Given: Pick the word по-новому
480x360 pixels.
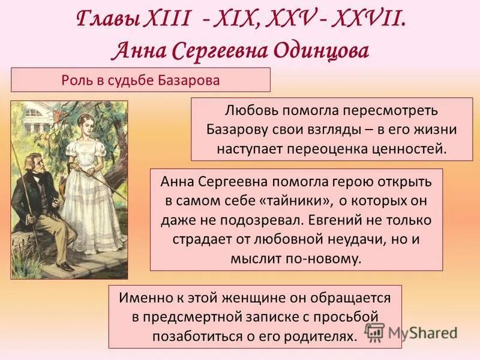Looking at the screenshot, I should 326,259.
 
